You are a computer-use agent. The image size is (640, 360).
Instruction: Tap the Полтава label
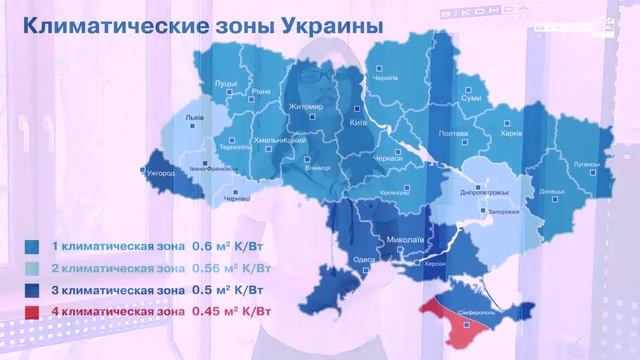[x=452, y=133]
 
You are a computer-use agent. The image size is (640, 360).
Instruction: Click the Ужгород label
[x=160, y=173]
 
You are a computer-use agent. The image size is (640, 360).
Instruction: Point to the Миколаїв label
[x=405, y=241]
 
